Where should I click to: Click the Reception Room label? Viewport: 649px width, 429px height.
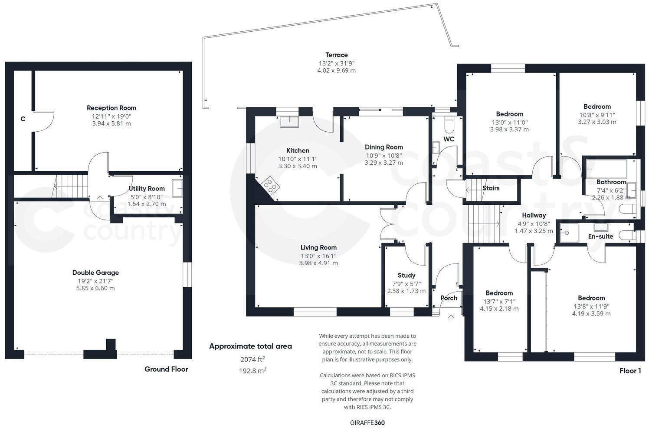coord(111,108)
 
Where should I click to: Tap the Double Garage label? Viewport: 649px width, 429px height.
coord(95,273)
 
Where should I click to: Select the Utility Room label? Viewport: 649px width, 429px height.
coord(147,189)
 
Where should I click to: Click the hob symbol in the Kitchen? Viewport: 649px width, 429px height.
coord(270,186)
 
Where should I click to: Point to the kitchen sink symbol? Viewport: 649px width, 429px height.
coord(289,121)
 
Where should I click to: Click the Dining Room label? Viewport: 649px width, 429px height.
coord(383,147)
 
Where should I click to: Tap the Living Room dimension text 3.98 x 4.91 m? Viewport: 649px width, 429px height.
coord(318,263)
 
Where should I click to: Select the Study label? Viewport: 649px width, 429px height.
coord(406,275)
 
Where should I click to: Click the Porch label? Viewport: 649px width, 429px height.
coord(449,298)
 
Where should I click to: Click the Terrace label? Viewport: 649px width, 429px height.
coord(337,55)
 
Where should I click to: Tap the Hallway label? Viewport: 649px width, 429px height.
coord(534,215)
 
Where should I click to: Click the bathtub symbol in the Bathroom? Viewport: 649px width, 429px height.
coord(605,167)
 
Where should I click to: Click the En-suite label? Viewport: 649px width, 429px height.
coord(600,236)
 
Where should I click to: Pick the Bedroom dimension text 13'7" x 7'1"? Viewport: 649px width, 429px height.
coord(499,301)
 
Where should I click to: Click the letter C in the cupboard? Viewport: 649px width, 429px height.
coord(23,119)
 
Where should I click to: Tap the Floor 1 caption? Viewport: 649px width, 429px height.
coord(630,371)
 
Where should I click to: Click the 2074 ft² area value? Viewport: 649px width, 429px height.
coord(252,359)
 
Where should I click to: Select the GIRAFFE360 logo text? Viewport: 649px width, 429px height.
coord(367,422)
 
